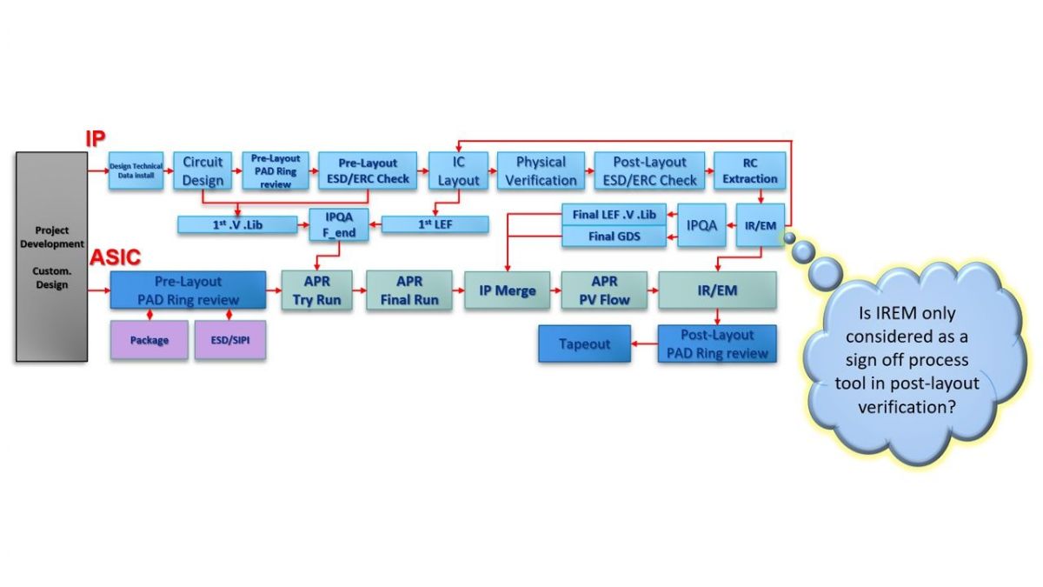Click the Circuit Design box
[x=203, y=171]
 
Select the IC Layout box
[x=458, y=171]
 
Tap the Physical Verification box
[x=541, y=171]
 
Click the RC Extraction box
[x=749, y=171]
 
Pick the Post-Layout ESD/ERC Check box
[x=648, y=171]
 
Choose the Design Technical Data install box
[x=136, y=171]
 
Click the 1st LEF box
[x=435, y=224]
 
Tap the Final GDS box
[x=614, y=236]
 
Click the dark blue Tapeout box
[x=584, y=344]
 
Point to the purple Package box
[x=149, y=340]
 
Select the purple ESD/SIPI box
[x=229, y=340]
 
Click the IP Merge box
[x=508, y=290]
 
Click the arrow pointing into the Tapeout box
[x=644, y=344]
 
